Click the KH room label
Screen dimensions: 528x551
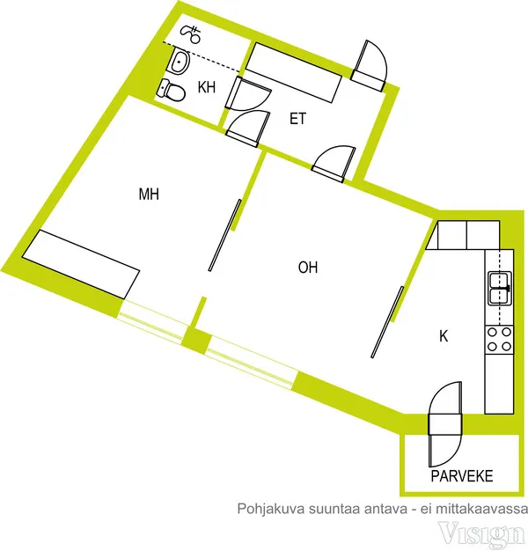207,87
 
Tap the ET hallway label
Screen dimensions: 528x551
297,119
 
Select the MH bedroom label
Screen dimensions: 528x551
149,194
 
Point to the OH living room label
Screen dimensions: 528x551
308,268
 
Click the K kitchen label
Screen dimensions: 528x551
444,336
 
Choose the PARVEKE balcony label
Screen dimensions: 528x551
462,476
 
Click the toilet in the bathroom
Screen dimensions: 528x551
172,90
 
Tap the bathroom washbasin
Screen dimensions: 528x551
180,61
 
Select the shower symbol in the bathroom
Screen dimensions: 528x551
191,33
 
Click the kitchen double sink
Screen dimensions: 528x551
500,288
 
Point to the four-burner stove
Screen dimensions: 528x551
499,340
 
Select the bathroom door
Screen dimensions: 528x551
247,94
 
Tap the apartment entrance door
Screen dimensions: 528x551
370,66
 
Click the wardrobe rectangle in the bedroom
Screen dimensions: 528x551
81,264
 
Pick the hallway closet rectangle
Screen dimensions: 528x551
293,72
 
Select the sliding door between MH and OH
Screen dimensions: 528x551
224,235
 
